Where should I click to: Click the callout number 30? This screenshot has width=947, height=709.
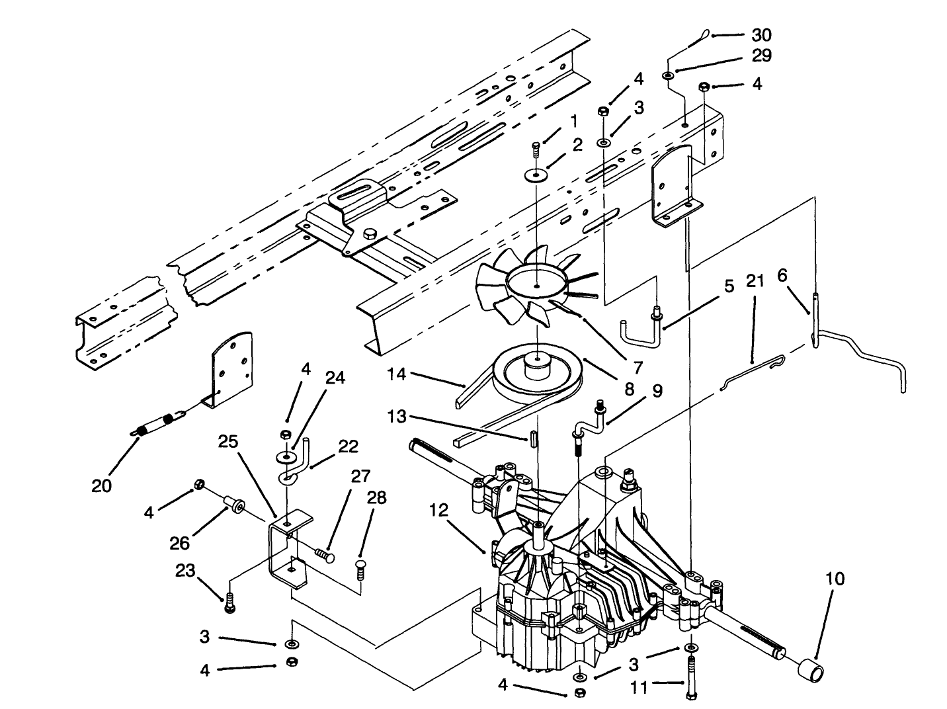click(762, 34)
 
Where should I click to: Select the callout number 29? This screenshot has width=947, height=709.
click(762, 56)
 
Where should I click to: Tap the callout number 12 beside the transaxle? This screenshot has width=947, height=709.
click(438, 510)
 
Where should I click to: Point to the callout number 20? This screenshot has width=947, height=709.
click(102, 485)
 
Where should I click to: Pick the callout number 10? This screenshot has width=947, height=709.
click(835, 579)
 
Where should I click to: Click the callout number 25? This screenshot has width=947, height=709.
click(228, 441)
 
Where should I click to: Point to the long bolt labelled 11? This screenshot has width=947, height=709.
click(691, 675)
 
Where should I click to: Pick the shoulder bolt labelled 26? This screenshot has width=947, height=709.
click(235, 506)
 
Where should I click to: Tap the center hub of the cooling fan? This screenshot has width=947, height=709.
click(537, 286)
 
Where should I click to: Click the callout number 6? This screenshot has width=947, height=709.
click(782, 276)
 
